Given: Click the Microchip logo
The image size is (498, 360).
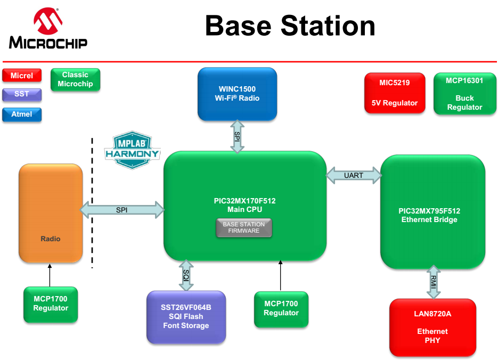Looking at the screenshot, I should coord(47,29).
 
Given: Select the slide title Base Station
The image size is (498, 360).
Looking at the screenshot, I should coord(290,26).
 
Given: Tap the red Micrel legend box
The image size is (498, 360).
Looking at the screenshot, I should coord(22,76).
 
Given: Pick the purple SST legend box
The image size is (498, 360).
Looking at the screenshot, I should coord(22,95).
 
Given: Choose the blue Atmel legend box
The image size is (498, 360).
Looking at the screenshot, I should coord(22,114).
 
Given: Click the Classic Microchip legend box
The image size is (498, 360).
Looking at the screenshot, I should coord(75,79).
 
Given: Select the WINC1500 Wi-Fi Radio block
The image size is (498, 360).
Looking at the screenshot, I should coord(237,94).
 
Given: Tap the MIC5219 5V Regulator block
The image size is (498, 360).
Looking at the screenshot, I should coord(395,93).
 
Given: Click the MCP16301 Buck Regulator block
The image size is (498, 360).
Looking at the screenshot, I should coord(464,93).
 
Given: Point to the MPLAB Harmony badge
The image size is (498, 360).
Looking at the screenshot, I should coord(132,150).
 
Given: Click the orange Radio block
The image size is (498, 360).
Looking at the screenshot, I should coord(51,213).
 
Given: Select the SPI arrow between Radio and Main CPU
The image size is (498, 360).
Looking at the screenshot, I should coord(123,210).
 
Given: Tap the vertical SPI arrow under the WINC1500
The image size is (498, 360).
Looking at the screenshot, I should coord(237,137).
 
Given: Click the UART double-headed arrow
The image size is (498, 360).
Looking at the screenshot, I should coord(354,175).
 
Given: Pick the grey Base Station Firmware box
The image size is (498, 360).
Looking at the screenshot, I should coord(244,227).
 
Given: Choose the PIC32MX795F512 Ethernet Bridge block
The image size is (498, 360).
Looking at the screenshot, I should coord(432,211).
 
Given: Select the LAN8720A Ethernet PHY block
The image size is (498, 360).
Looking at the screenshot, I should coord(432,327).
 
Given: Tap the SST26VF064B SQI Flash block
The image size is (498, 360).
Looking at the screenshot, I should coord(186,317).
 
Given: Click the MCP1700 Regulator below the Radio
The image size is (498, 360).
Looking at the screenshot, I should coord(51,304).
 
